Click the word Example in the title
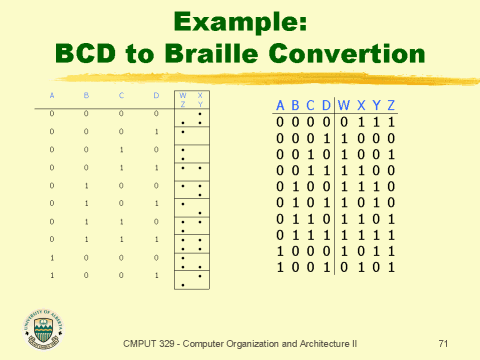(239, 22)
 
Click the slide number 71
(443, 343)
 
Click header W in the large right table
(342, 105)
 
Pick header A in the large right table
(281, 105)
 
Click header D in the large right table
(326, 105)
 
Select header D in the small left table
(155, 96)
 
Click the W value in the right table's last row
(342, 267)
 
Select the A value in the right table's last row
(281, 267)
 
